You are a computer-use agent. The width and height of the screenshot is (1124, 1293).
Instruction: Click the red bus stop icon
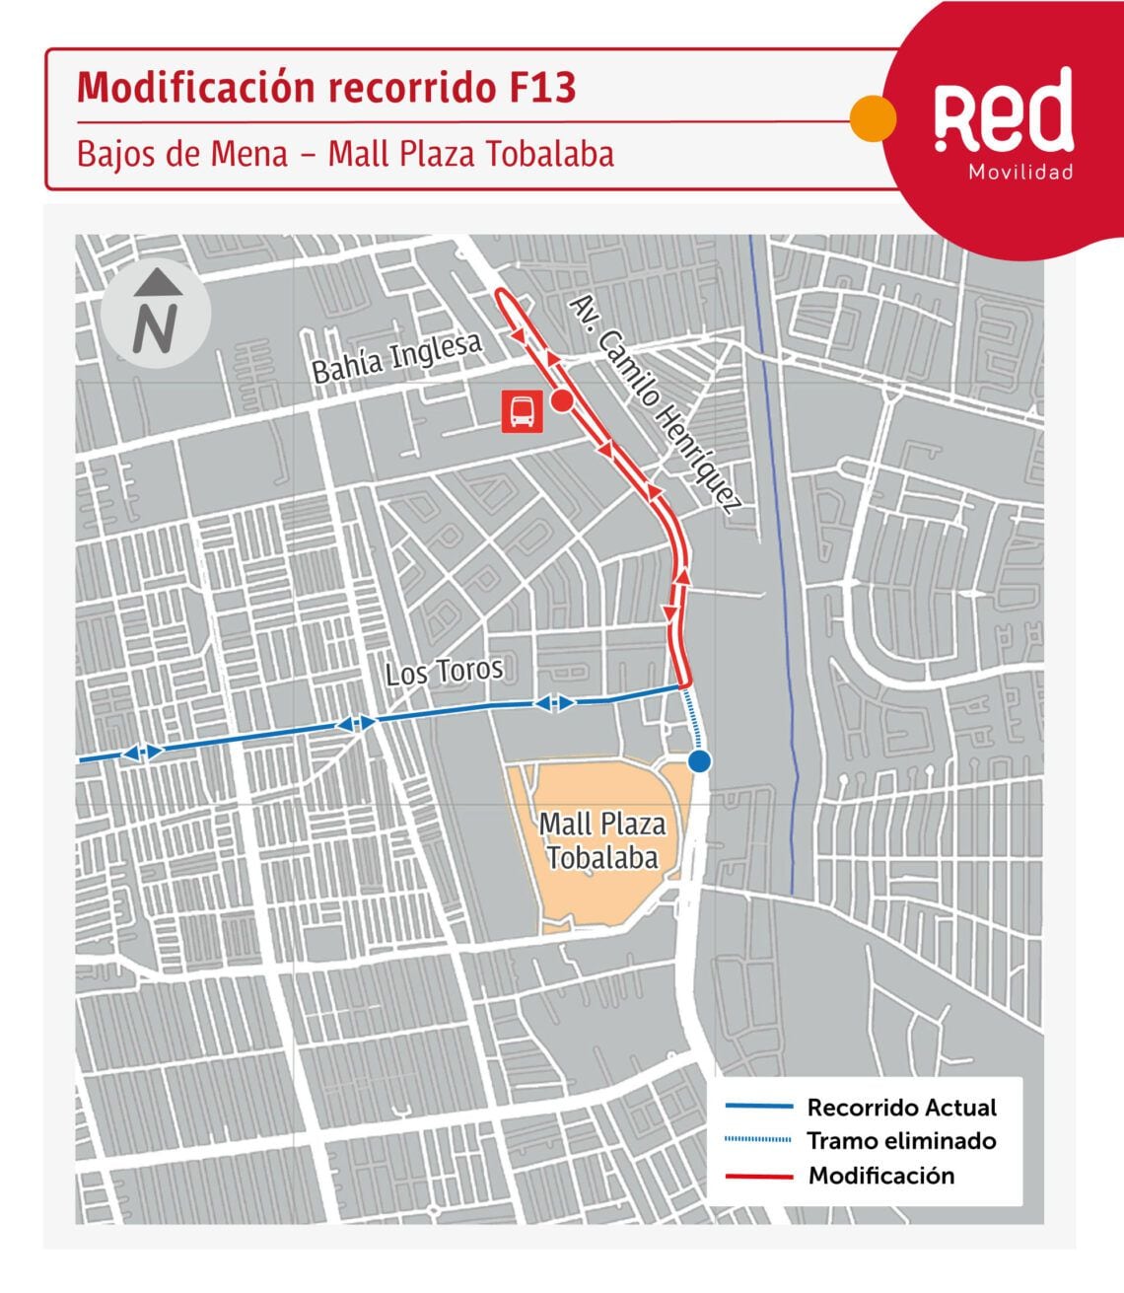pos(522,410)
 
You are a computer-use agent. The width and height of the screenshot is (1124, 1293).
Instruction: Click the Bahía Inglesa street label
pos(396,357)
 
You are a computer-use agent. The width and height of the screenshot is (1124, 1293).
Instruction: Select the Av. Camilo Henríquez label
pos(656,403)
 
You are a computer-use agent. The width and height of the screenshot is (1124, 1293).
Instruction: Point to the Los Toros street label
pos(444,672)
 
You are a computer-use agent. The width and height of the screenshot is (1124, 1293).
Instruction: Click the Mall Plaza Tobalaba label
pos(602,840)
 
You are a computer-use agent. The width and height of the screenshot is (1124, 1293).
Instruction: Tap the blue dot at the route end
pos(699,761)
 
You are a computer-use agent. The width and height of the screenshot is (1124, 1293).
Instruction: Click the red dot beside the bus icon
pos(561,401)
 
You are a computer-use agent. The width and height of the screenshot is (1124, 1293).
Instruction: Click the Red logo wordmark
pos(1003,111)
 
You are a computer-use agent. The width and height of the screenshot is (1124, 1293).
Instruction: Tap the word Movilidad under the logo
pos(1020,173)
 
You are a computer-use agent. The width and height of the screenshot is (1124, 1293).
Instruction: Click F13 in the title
pos(542,88)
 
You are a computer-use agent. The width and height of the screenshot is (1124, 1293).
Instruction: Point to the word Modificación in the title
pos(197,88)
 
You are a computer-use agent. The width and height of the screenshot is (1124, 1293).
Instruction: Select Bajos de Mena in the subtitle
pos(182,154)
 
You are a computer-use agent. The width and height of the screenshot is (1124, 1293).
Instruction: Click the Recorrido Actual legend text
pos(901,1108)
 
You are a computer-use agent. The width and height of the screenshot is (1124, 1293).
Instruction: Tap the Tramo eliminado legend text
pos(901,1141)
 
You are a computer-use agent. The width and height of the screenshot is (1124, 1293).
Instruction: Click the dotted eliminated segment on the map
pos(693,720)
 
